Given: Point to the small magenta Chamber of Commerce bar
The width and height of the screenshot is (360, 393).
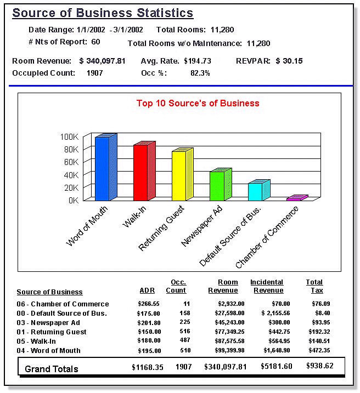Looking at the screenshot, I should [294, 198].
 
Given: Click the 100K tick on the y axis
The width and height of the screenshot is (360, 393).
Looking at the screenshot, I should [70, 136].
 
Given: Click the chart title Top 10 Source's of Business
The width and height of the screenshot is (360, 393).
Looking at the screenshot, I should [198, 103].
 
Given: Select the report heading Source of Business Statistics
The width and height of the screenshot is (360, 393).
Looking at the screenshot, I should [103, 13].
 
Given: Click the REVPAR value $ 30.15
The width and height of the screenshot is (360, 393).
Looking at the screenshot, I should [289, 61].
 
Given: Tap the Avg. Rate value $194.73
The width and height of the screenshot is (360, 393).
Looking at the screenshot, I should [198, 61].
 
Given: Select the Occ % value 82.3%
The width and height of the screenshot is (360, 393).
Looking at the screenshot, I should [200, 73].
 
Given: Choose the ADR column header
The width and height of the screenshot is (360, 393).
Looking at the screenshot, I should [147, 290].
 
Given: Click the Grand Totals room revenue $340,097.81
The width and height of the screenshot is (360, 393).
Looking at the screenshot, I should [226, 367].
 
